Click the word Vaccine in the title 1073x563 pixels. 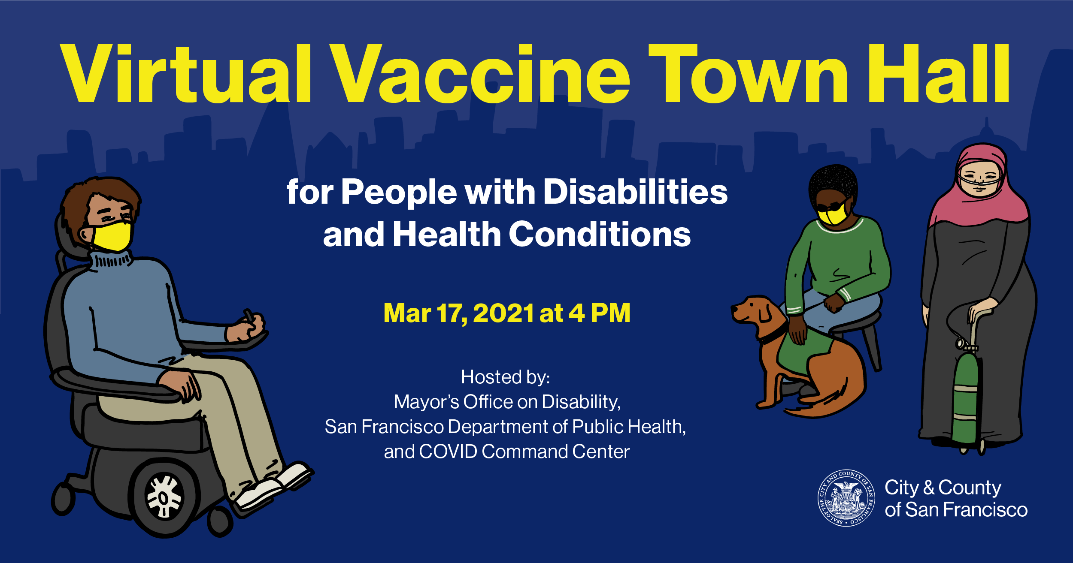[481, 74]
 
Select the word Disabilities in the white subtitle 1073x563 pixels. [636, 192]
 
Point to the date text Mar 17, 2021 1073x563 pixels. [459, 313]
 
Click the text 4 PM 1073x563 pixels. [600, 313]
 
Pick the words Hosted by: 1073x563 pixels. [506, 377]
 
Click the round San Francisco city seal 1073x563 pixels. [846, 498]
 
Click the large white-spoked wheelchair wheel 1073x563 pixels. [165, 497]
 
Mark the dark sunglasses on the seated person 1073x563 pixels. [833, 206]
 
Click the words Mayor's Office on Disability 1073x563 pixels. [507, 402]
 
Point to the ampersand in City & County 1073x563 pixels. [929, 488]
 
